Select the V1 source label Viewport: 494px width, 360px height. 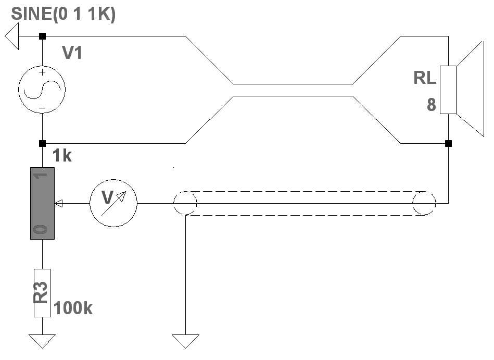click(72, 53)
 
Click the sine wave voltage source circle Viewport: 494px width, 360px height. click(42, 90)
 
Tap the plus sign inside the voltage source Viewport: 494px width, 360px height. click(42, 73)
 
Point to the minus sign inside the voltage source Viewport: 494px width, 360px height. click(42, 108)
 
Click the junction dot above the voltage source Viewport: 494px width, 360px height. click(42, 36)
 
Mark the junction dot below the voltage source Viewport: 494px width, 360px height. click(42, 143)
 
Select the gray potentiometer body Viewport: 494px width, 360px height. click(42, 204)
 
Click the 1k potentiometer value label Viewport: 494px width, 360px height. click(62, 156)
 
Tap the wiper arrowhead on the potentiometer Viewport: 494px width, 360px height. click(58, 204)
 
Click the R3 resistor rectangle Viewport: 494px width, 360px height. click(42, 293)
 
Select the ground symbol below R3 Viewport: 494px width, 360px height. click(42, 341)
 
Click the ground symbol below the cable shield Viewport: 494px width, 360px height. click(185, 341)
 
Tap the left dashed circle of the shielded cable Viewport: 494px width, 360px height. click(185, 203)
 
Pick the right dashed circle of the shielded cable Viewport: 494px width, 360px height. click(424, 203)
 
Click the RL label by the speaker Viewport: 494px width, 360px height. click(425, 78)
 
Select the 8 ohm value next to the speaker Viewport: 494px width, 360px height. click(431, 105)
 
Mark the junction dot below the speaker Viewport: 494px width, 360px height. click(448, 143)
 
